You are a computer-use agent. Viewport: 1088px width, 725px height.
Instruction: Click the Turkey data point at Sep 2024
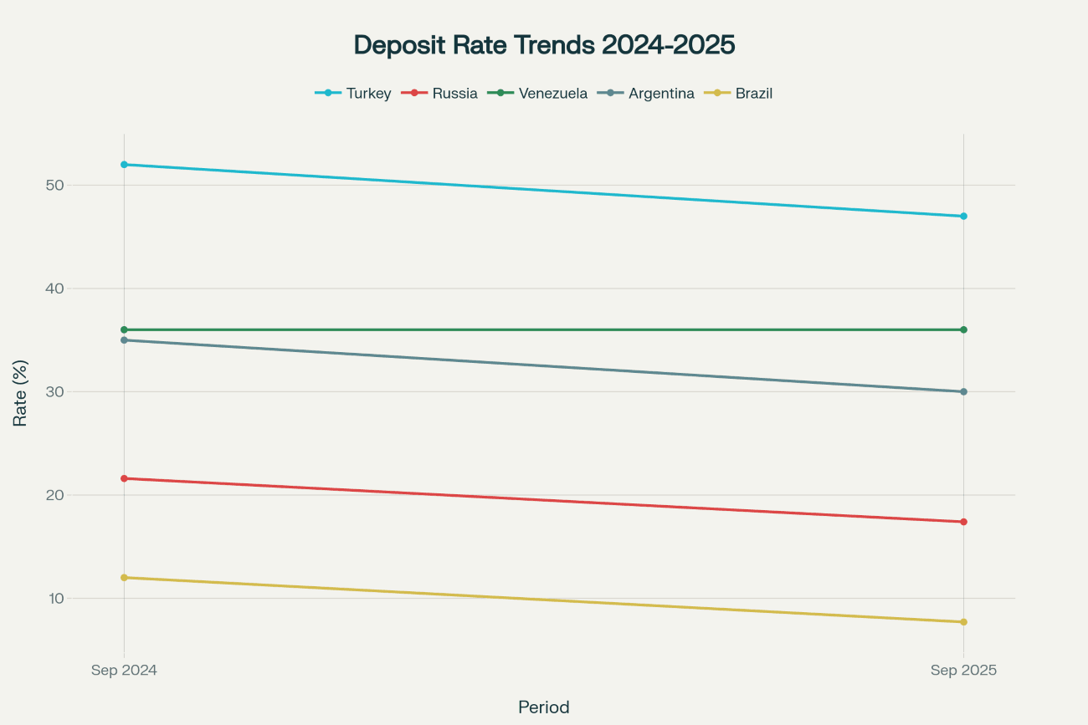click(x=124, y=165)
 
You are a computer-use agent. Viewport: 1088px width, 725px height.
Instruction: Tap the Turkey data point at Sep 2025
click(x=963, y=217)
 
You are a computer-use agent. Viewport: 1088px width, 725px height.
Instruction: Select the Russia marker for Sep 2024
click(x=124, y=478)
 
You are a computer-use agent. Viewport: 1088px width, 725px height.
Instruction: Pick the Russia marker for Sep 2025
click(x=963, y=522)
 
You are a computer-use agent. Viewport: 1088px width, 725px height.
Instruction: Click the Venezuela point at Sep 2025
click(x=963, y=329)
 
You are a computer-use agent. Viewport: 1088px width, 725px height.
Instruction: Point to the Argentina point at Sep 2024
click(x=124, y=340)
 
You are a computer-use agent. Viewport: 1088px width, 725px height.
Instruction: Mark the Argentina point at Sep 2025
click(x=963, y=391)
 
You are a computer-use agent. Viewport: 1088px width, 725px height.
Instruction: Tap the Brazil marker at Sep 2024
click(x=124, y=578)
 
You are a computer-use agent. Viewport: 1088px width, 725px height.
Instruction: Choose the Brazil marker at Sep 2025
click(x=963, y=622)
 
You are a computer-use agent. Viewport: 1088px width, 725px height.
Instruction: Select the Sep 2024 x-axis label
click(x=124, y=671)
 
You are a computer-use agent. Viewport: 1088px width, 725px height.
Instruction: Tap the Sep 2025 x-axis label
click(x=963, y=671)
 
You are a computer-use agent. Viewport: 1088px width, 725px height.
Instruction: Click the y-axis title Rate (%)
click(x=20, y=392)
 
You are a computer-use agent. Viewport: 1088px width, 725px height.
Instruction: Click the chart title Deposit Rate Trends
click(x=544, y=45)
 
